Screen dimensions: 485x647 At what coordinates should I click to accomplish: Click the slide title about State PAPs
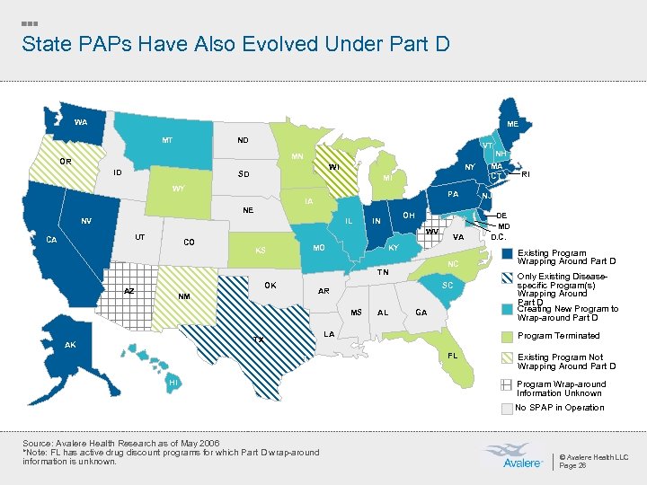(x=235, y=43)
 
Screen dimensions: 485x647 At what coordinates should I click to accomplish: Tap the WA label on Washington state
(x=81, y=122)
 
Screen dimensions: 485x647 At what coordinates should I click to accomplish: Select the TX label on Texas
(x=258, y=339)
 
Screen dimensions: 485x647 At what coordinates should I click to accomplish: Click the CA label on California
(x=52, y=240)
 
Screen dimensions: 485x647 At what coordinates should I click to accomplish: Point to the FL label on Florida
(x=453, y=356)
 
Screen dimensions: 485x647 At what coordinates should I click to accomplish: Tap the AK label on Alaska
(x=70, y=346)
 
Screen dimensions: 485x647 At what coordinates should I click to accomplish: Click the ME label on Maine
(x=511, y=124)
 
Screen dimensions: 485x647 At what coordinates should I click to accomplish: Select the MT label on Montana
(x=167, y=140)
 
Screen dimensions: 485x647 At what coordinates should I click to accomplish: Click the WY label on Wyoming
(x=178, y=189)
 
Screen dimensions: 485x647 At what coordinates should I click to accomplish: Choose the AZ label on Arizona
(x=129, y=291)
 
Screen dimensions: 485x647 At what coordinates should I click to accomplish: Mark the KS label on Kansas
(x=260, y=251)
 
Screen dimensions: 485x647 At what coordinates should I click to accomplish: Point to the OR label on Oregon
(x=66, y=162)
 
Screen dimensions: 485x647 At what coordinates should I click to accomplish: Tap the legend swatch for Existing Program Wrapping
(x=509, y=252)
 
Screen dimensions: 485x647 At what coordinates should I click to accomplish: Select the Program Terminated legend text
(x=558, y=336)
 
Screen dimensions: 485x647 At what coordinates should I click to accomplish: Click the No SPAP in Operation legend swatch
(x=509, y=408)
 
